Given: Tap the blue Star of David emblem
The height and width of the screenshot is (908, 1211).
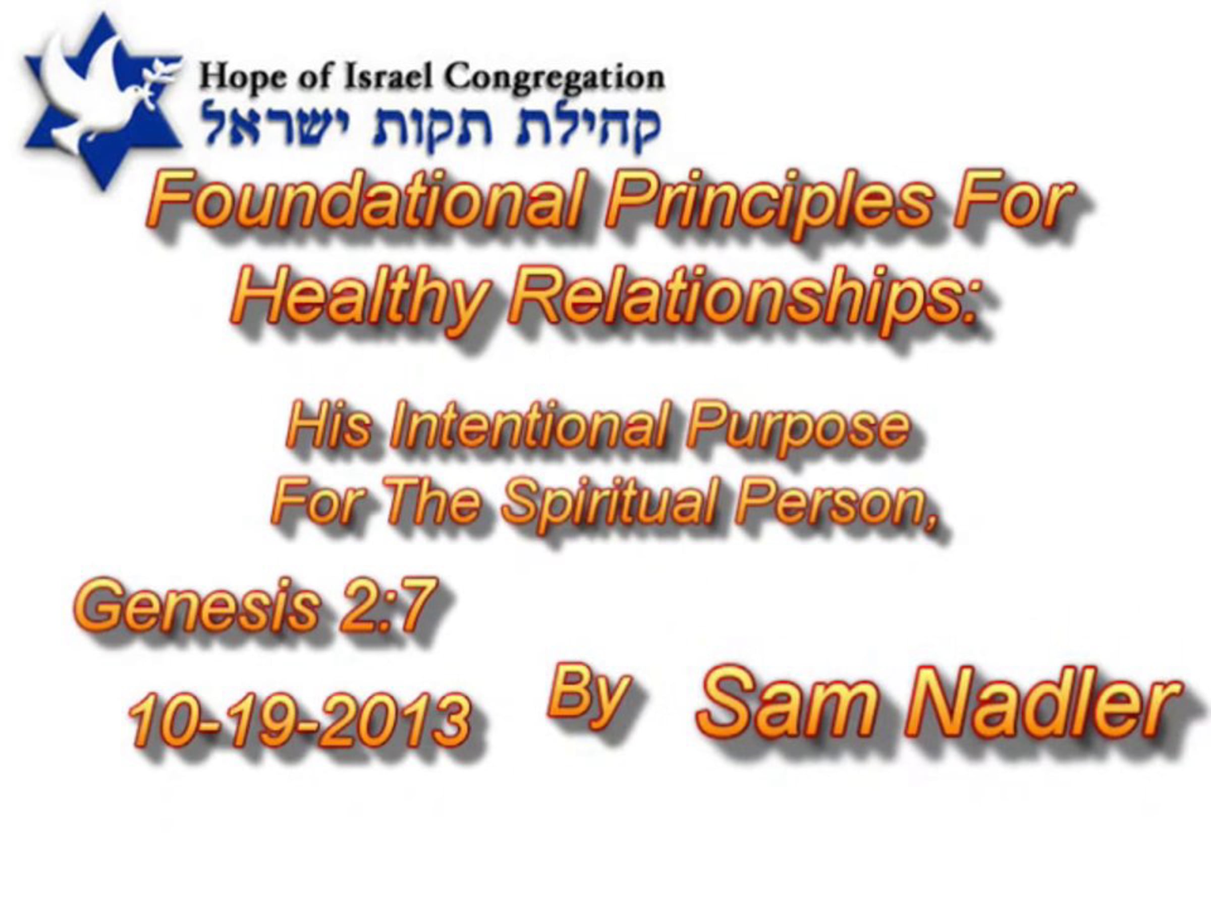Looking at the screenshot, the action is coord(102,101).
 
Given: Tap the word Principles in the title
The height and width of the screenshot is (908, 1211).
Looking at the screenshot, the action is coord(768,205).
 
